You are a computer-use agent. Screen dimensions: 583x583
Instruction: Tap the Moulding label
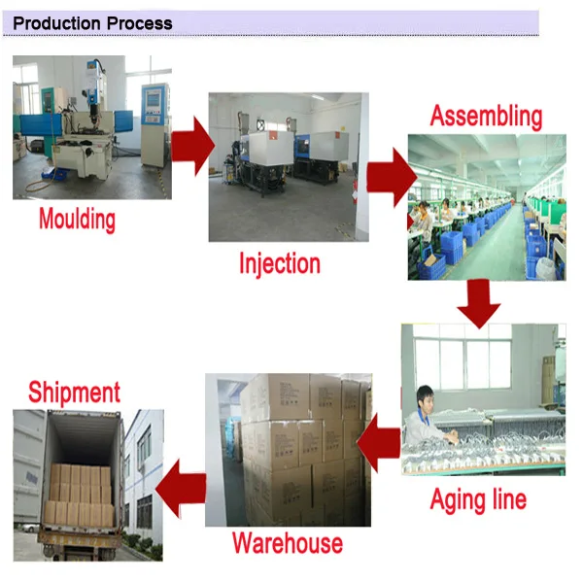click(x=77, y=219)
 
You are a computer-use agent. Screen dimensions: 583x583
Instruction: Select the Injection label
click(x=280, y=263)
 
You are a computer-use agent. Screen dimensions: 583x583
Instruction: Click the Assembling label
click(x=486, y=116)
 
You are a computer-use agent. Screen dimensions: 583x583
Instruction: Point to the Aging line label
click(x=478, y=499)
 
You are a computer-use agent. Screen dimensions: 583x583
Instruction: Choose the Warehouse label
click(x=287, y=542)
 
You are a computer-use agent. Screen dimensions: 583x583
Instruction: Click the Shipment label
click(x=74, y=393)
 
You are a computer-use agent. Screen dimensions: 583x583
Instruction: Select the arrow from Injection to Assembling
click(x=392, y=176)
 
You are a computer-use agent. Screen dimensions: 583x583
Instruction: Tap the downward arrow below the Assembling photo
click(x=477, y=301)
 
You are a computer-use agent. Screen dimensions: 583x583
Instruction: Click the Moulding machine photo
click(x=92, y=127)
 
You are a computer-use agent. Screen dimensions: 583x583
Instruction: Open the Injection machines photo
click(x=289, y=166)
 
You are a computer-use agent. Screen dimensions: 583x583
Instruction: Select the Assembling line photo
click(x=486, y=207)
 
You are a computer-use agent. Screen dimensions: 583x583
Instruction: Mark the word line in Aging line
click(x=506, y=499)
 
